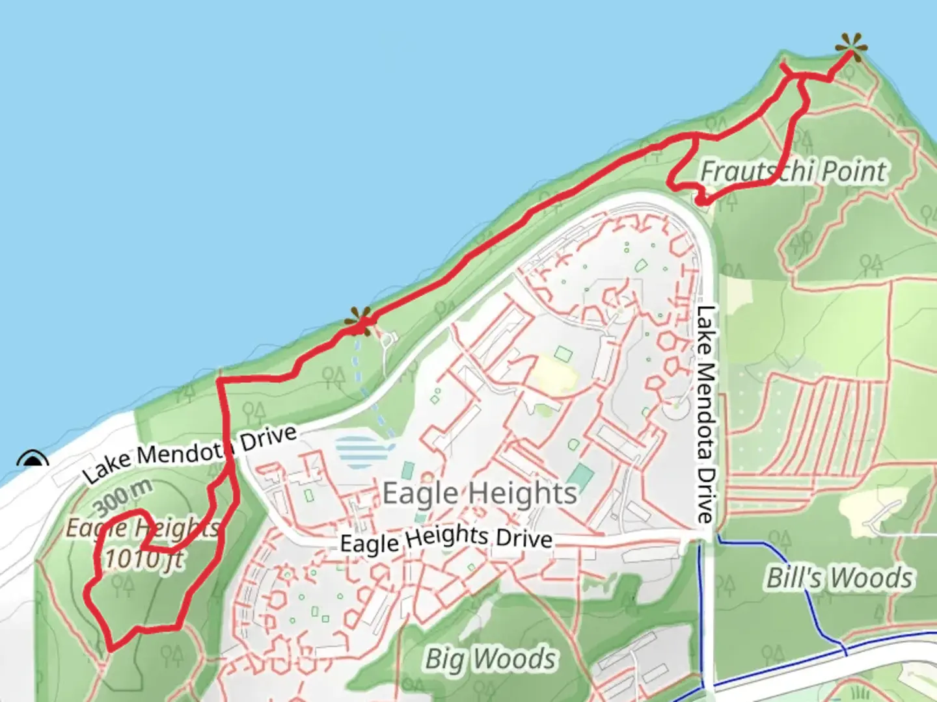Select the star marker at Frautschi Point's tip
851,47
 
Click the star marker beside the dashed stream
359,320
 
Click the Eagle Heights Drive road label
446,539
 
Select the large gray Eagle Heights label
480,493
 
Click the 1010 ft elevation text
144,559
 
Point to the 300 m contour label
124,498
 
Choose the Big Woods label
491,658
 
